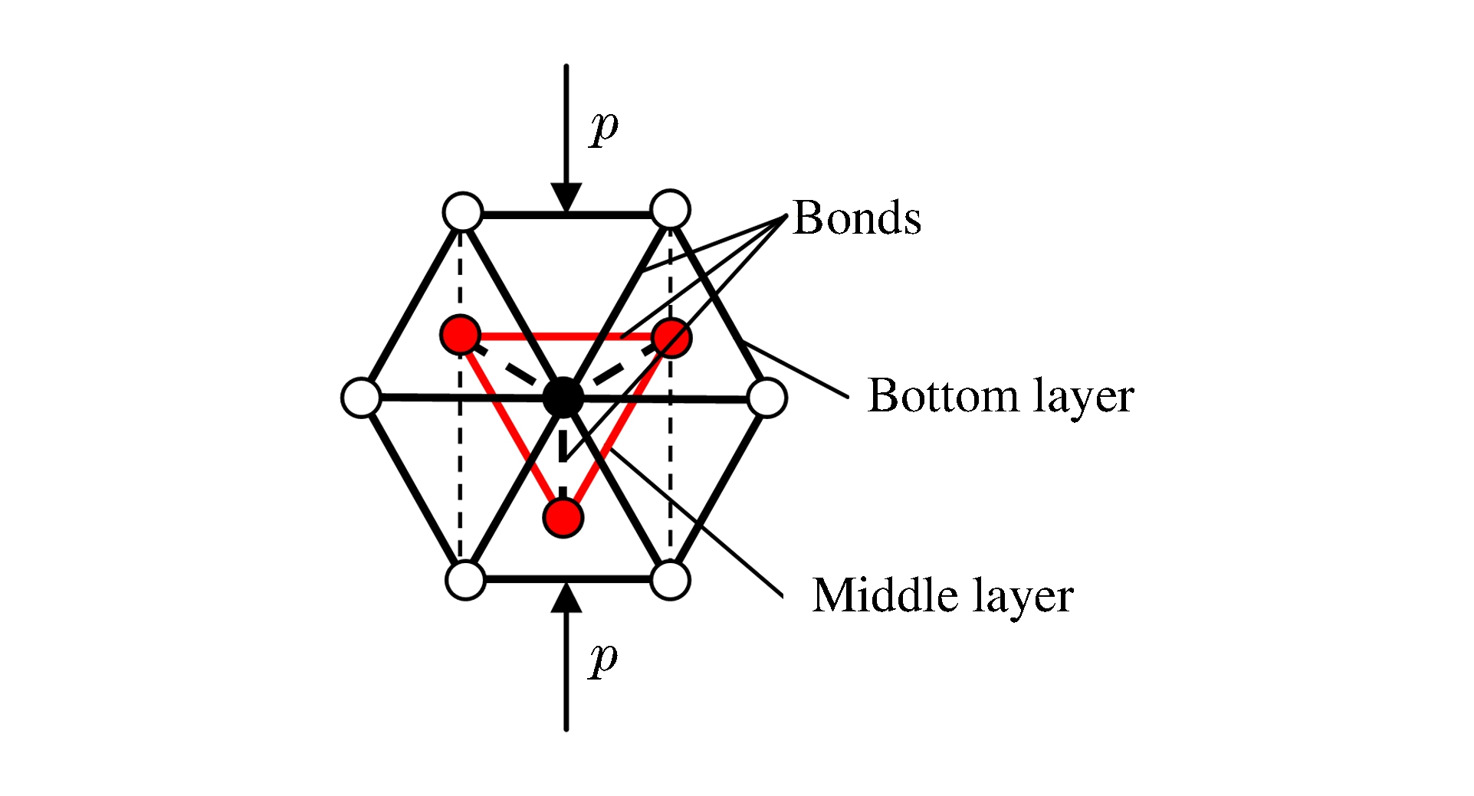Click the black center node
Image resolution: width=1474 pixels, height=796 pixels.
[563, 397]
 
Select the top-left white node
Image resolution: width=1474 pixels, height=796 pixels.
[463, 211]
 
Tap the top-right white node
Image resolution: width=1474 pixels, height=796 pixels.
[670, 209]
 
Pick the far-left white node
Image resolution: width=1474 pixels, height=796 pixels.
[361, 398]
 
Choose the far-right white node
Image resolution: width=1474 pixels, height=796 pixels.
[767, 398]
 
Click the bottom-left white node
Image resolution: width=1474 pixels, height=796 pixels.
[465, 580]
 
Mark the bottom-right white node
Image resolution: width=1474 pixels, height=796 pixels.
[670, 580]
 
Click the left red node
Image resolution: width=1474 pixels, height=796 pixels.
[461, 335]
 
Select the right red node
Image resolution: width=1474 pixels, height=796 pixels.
[671, 337]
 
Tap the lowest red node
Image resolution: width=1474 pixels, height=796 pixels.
[563, 517]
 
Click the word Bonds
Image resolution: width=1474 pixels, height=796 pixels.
[856, 218]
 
